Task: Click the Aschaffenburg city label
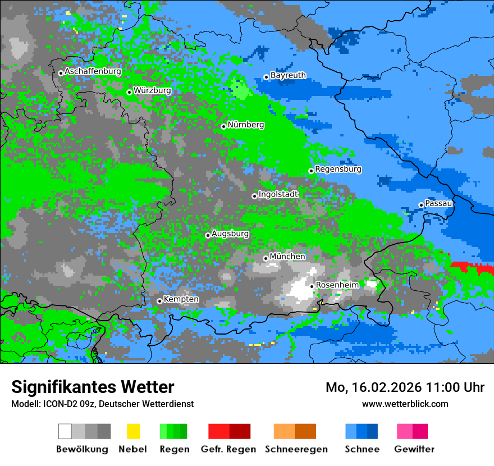tap(93, 72)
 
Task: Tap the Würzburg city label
tap(152, 90)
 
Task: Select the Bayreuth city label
tap(288, 75)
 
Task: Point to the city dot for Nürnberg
tap(223, 126)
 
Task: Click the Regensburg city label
tap(338, 169)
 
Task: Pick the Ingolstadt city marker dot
tap(254, 196)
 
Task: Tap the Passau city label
tap(438, 203)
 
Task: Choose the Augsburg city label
tap(230, 234)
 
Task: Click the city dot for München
tap(266, 258)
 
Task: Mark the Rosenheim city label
tap(337, 285)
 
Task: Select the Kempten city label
tap(181, 299)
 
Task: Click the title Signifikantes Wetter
tap(93, 387)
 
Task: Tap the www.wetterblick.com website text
tap(405, 404)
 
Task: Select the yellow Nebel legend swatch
tap(133, 431)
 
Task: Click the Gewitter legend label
tap(414, 449)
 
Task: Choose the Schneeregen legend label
tap(296, 449)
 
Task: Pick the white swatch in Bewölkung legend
tap(65, 431)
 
